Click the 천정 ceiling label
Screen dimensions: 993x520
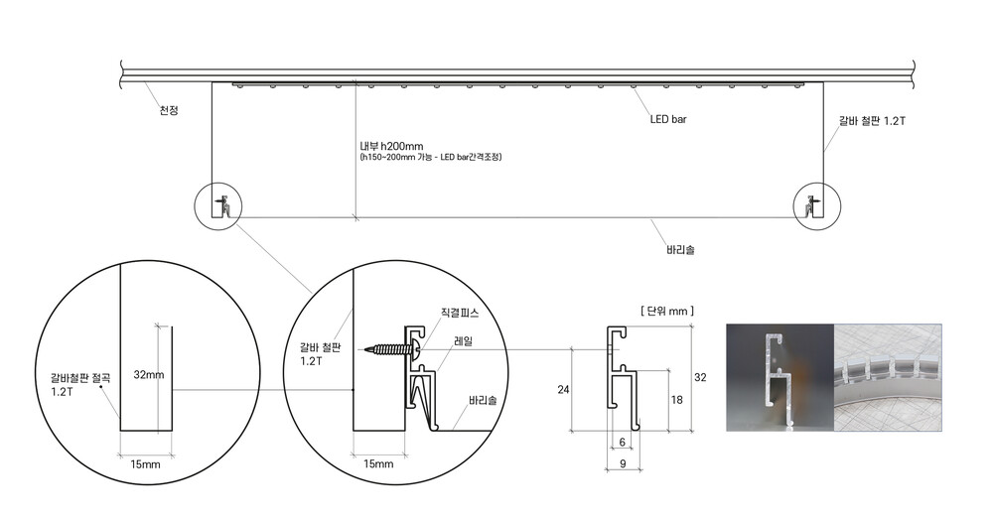tap(169, 110)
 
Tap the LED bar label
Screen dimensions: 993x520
tap(668, 119)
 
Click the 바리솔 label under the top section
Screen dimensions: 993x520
tap(681, 250)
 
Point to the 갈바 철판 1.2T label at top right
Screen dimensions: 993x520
tap(872, 121)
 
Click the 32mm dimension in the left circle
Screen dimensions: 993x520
tap(149, 374)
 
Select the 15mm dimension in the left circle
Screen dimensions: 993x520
tap(146, 465)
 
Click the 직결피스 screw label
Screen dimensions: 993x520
tap(460, 313)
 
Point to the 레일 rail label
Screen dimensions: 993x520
tap(463, 341)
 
